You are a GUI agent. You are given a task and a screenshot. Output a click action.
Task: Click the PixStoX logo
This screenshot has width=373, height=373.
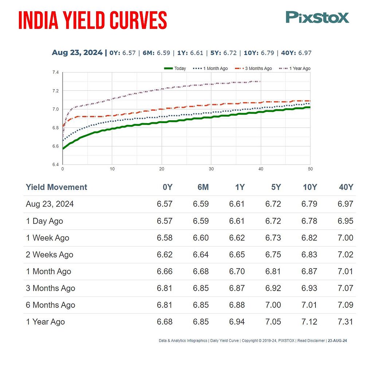pyautogui.click(x=317, y=17)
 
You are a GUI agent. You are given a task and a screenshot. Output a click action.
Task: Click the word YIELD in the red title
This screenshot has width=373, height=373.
pyautogui.click(x=84, y=20)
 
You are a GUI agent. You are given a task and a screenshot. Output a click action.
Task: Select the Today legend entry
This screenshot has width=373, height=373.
pyautogui.click(x=175, y=68)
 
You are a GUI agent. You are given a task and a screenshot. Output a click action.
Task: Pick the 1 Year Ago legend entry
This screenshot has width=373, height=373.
pyautogui.click(x=294, y=68)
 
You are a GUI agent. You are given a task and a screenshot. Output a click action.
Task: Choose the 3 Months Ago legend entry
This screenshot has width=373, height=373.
pyautogui.click(x=253, y=68)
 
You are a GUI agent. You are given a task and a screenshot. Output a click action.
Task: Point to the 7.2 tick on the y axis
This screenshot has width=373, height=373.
pyautogui.click(x=55, y=91)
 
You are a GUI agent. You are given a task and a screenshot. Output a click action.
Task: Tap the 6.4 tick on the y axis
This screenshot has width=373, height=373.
pyautogui.click(x=55, y=165)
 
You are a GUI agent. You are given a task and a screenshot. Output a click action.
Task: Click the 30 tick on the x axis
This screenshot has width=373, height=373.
pyautogui.click(x=211, y=169)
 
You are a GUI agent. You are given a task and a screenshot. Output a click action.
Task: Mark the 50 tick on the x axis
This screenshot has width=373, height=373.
pyautogui.click(x=310, y=169)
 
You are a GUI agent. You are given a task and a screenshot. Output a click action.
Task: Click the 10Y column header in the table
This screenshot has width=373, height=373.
pyautogui.click(x=310, y=187)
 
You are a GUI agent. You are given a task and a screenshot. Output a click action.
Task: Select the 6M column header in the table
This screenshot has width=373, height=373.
pyautogui.click(x=203, y=187)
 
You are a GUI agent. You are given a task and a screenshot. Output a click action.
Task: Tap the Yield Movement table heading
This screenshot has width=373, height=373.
pyautogui.click(x=56, y=187)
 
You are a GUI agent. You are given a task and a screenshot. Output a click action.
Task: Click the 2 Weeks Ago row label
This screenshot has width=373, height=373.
pyautogui.click(x=50, y=255)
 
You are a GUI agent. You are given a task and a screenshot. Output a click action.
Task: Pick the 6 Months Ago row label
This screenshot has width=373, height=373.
pyautogui.click(x=50, y=305)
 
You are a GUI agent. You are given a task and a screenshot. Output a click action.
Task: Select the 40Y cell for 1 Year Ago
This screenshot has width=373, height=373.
pyautogui.click(x=345, y=322)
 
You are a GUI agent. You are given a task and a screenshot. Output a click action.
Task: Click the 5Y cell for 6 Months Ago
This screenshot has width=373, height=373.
pyautogui.click(x=273, y=305)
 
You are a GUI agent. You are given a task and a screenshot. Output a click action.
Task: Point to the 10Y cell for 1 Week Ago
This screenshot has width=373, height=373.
pyautogui.click(x=309, y=238)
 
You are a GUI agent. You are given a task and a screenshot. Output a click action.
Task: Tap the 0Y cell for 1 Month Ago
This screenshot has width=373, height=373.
pyautogui.click(x=165, y=271)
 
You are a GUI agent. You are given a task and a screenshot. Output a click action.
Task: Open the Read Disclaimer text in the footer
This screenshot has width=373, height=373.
pyautogui.click(x=311, y=341)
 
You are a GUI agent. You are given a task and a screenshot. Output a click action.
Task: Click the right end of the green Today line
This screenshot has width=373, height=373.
pyautogui.click(x=310, y=107)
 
